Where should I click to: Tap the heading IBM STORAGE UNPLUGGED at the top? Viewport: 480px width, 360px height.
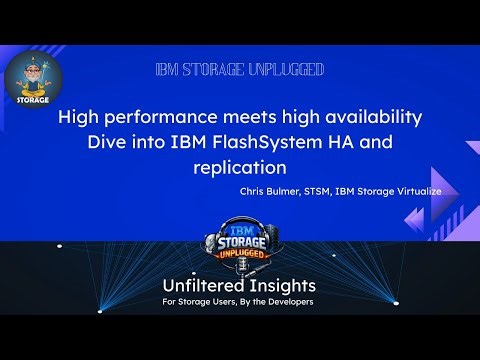click(240, 70)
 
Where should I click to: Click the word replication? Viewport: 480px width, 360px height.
click(240, 166)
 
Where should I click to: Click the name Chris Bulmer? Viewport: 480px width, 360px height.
click(271, 189)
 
